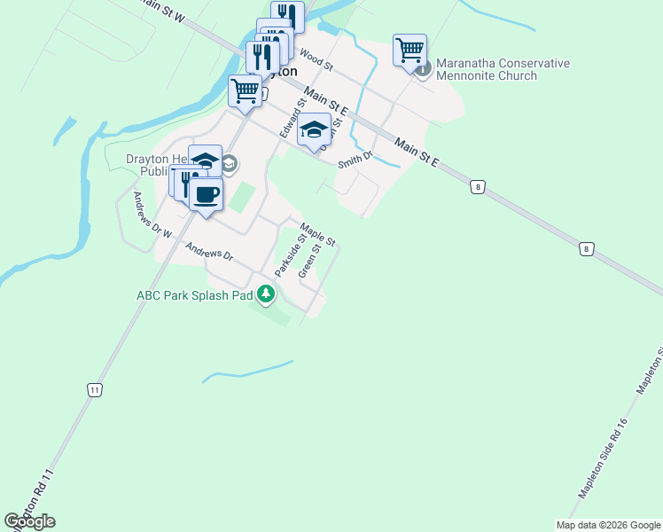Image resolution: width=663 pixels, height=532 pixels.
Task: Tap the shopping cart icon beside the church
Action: (410, 50)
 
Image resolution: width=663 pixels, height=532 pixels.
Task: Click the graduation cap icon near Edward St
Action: (314, 129)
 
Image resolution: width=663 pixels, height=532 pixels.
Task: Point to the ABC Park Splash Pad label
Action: (194, 295)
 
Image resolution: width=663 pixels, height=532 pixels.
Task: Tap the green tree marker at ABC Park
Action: (265, 294)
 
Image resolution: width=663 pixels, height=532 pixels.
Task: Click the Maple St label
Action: (318, 234)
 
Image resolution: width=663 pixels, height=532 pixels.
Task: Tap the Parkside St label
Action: (290, 255)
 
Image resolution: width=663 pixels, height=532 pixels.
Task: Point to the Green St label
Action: (308, 262)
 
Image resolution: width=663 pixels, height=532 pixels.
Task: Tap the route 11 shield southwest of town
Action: (94, 389)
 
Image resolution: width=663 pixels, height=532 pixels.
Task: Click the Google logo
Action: (29, 521)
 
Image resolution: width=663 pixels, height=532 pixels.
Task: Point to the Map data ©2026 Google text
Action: (609, 525)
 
